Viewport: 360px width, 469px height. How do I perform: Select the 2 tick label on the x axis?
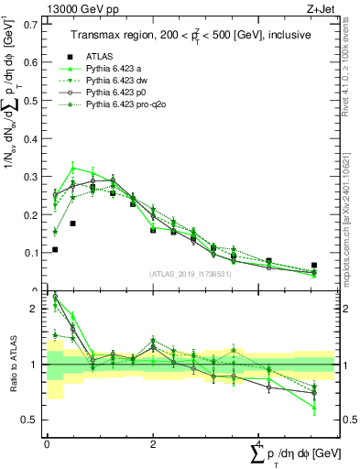[x=152, y=443]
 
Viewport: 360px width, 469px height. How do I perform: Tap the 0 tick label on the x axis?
[x=47, y=443]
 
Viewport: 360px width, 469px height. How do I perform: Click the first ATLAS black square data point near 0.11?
[x=55, y=249]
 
